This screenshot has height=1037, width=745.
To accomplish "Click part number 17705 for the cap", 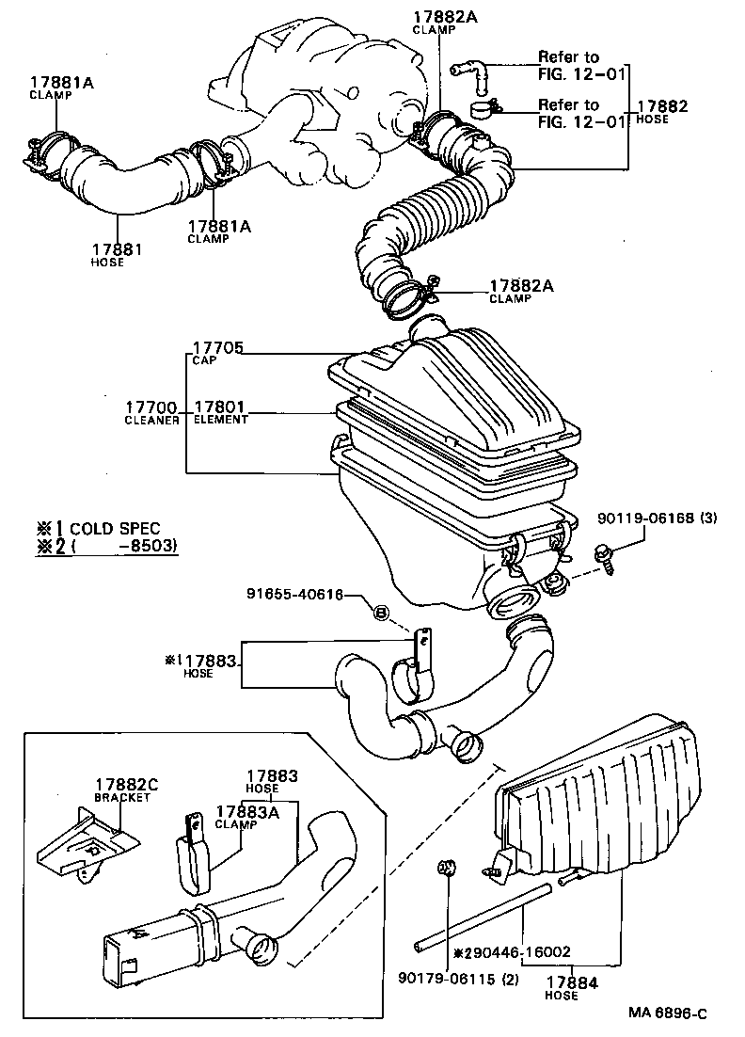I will tap(218, 348).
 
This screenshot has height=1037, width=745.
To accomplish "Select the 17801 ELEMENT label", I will tap(220, 412).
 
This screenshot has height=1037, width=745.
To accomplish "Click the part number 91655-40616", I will tap(294, 595).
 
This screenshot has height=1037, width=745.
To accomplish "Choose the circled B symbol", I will tap(381, 613).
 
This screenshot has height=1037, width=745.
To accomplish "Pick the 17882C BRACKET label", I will tap(122, 790).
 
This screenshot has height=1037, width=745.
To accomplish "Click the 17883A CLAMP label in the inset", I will tap(246, 816).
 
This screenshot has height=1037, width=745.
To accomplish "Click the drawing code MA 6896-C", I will tap(668, 1013).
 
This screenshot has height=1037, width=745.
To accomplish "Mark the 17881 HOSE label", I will tap(116, 255).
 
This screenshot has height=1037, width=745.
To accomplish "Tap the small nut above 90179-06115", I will tap(448, 869).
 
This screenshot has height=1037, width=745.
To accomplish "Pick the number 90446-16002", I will tap(518, 952).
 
